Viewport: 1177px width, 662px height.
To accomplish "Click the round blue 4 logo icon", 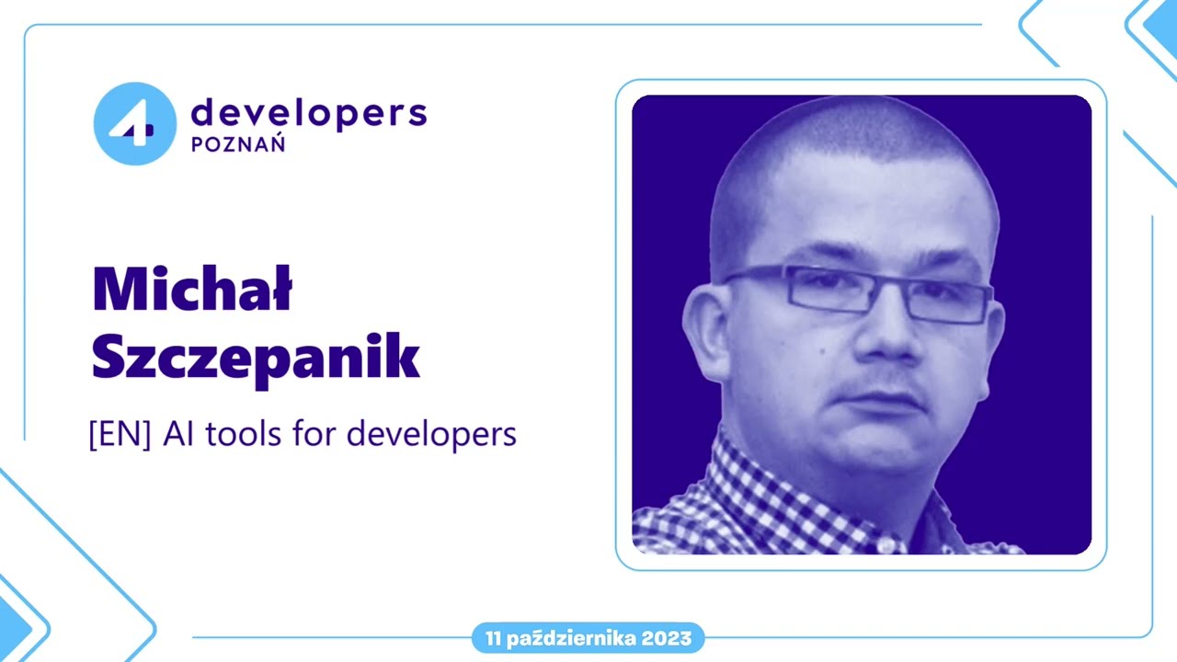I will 134,123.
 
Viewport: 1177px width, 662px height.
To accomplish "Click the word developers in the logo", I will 309,113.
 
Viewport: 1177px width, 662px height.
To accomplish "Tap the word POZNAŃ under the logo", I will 237,144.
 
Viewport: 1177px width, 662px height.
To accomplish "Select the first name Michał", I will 192,289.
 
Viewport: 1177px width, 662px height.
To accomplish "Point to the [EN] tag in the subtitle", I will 120,434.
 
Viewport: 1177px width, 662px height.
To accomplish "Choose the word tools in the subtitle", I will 245,434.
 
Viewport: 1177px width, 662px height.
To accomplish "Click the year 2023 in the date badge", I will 667,638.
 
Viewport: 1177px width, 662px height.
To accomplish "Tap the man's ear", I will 706,331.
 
